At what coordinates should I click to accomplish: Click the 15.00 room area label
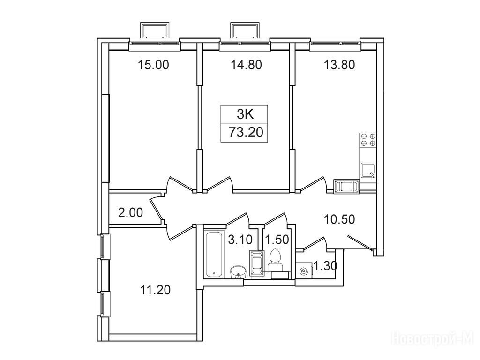click(x=153, y=65)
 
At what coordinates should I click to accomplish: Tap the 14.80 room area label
click(x=246, y=65)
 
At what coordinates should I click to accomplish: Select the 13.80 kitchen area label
click(x=339, y=65)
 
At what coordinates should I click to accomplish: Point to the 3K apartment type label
click(x=245, y=115)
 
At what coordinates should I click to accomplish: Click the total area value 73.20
click(x=246, y=133)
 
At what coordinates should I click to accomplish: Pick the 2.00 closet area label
click(x=131, y=212)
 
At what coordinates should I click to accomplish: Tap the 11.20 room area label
click(x=155, y=290)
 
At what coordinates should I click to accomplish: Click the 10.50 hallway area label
click(x=339, y=219)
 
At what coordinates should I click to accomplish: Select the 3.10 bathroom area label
click(x=240, y=240)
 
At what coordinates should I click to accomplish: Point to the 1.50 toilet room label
click(x=277, y=240)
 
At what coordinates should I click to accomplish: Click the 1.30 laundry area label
click(x=325, y=266)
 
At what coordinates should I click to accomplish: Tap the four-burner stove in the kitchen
click(x=368, y=140)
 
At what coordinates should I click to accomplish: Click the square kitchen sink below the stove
click(x=368, y=170)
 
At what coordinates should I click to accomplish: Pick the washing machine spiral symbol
click(x=305, y=270)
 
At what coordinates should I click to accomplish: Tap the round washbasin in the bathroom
click(x=238, y=271)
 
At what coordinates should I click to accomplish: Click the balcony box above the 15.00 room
click(x=154, y=30)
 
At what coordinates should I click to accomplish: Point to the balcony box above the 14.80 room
click(x=245, y=30)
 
